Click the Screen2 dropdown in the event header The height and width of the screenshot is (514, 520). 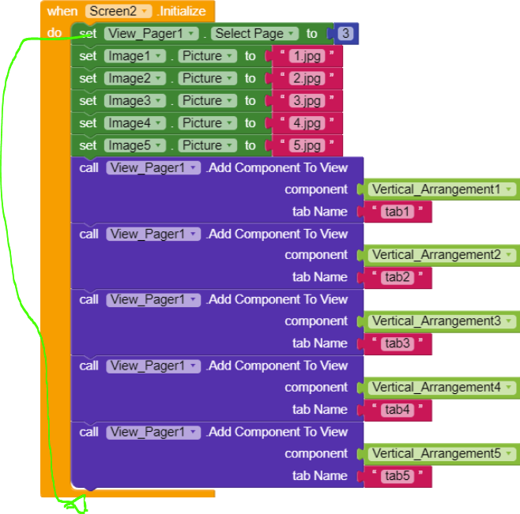click(x=118, y=11)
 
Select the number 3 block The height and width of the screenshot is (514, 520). click(x=345, y=34)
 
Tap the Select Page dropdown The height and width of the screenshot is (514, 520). click(x=254, y=34)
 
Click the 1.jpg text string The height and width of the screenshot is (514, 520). click(x=307, y=56)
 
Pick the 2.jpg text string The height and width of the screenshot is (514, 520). click(x=307, y=78)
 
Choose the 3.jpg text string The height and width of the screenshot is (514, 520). click(x=307, y=100)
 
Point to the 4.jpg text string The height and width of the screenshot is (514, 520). click(x=307, y=123)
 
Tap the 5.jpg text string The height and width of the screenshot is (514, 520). click(x=307, y=145)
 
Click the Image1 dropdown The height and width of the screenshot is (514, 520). click(x=135, y=56)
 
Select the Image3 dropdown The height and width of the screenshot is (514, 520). click(x=135, y=100)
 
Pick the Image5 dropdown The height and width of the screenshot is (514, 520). click(x=135, y=145)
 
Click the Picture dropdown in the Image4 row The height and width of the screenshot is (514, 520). click(x=208, y=123)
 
